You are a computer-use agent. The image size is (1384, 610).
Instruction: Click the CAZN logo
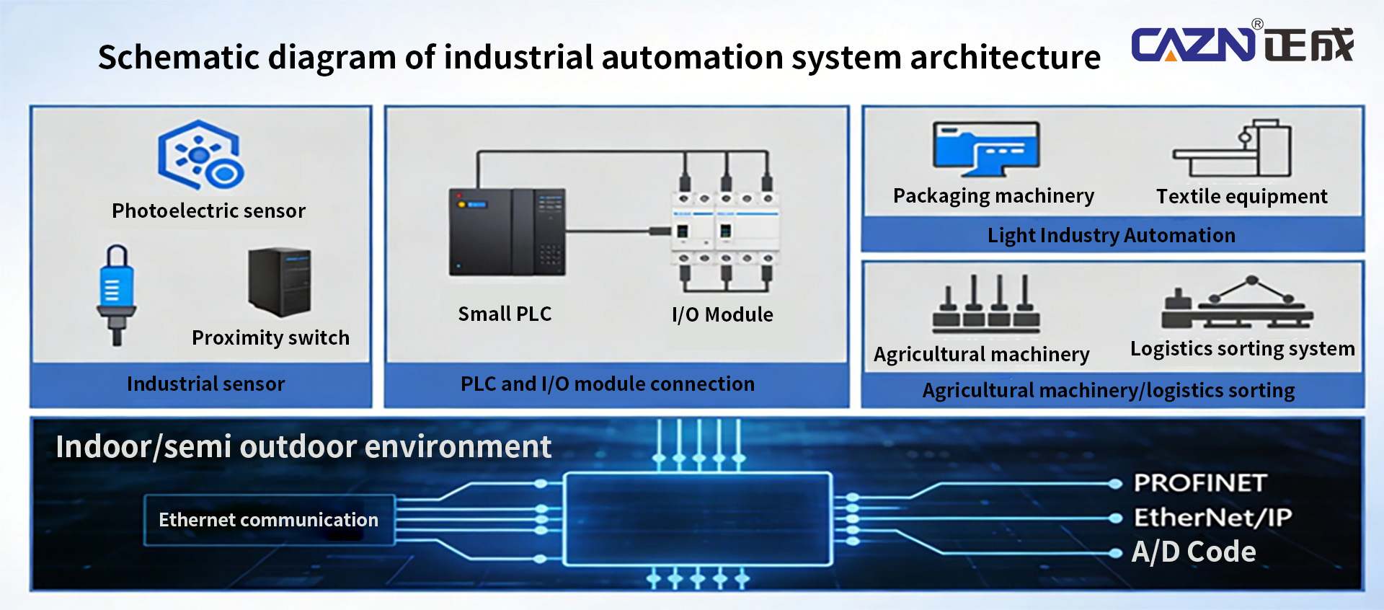1242,43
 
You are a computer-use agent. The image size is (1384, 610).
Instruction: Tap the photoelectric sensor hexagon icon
201,155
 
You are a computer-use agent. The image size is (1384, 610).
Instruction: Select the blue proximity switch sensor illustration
116,295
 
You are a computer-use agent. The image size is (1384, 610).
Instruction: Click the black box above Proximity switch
280,282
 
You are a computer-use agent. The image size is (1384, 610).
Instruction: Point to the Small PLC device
507,232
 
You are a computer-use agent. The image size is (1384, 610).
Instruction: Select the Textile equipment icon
1233,149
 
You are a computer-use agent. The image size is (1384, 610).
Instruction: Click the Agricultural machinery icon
986,304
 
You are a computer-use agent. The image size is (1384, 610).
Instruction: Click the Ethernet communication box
269,520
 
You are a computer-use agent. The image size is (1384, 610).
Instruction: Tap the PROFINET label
1200,483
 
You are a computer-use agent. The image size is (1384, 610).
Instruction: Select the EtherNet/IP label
1212,517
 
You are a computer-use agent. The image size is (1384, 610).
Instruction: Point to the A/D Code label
1194,552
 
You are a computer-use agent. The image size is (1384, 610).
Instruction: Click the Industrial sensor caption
206,384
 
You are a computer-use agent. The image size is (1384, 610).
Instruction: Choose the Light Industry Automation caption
1111,236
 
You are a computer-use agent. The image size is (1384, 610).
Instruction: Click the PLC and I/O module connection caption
608,384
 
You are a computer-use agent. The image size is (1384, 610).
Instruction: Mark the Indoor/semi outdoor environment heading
303,447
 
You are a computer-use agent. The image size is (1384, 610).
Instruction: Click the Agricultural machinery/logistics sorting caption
1109,391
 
